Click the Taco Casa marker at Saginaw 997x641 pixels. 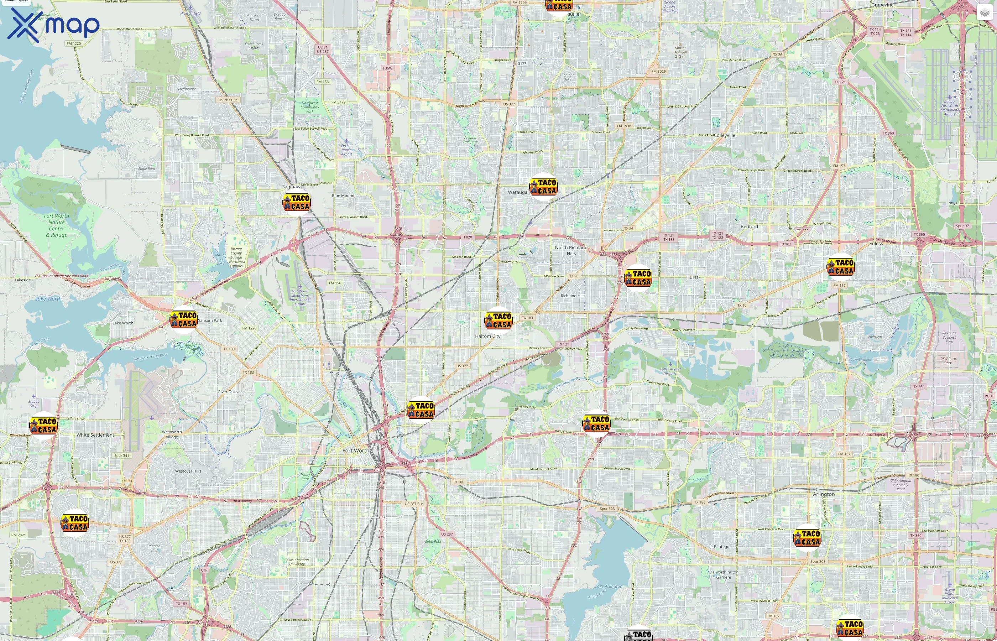coord(296,202)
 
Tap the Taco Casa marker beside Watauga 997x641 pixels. coord(543,187)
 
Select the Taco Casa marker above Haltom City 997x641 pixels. coord(498,320)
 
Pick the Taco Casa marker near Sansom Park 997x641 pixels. coord(183,319)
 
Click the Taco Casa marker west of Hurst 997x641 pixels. coord(638,278)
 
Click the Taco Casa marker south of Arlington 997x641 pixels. coord(807,538)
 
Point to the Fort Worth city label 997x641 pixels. coord(355,450)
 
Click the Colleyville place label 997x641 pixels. coord(725,135)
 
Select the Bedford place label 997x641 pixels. coord(749,226)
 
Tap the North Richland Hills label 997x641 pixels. coord(571,250)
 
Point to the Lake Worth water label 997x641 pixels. coord(48,298)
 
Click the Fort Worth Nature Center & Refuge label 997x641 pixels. coord(57,225)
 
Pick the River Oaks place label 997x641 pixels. coord(228,392)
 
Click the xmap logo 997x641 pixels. coord(53,25)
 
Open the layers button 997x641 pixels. coord(984,13)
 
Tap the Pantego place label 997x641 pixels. coord(721,547)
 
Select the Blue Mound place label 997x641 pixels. coord(343,196)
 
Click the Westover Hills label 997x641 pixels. coord(188,471)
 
